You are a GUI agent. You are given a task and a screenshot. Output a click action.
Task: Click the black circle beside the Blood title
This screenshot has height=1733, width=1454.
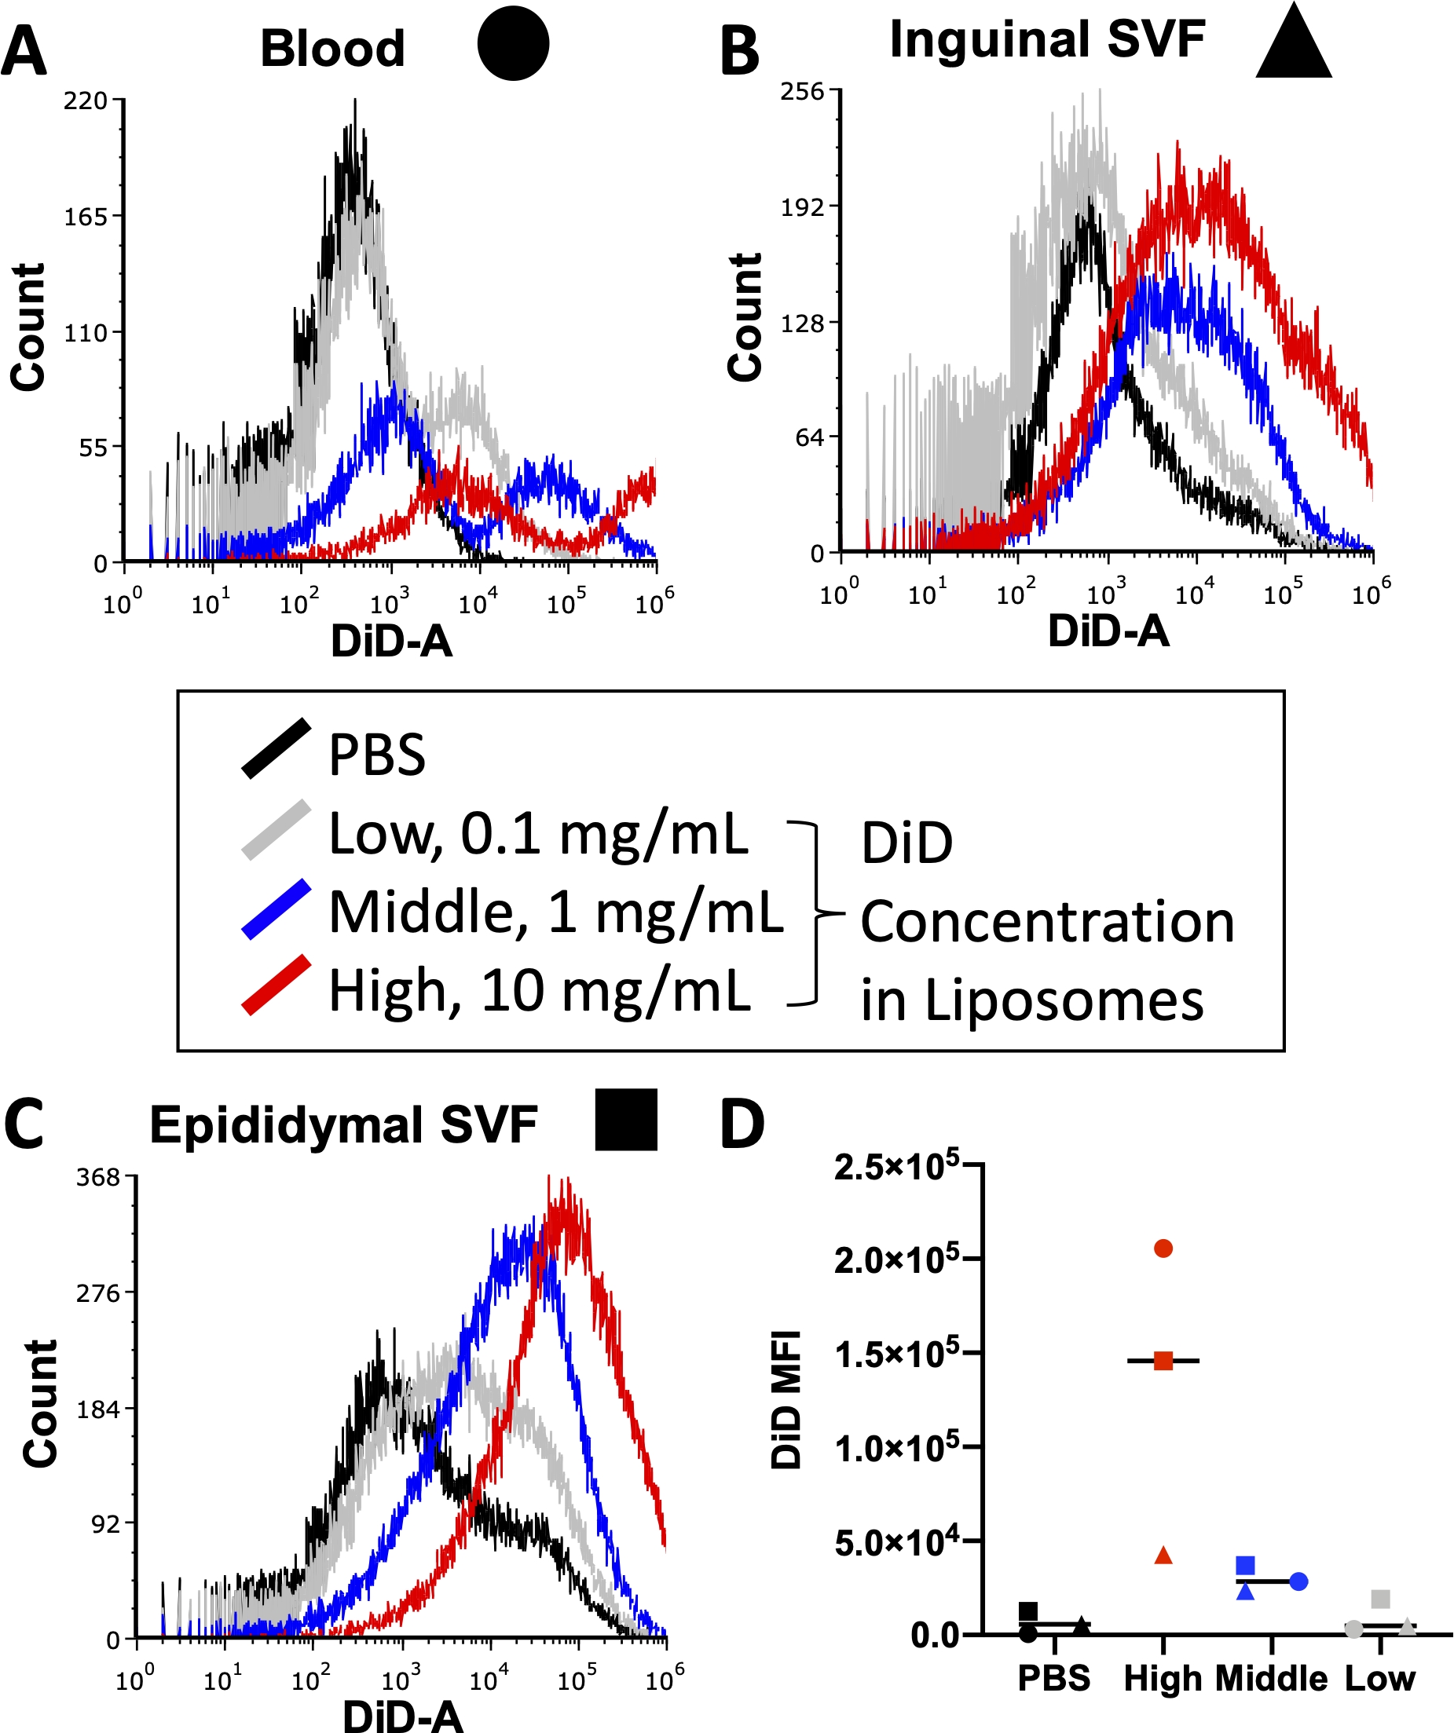pos(513,44)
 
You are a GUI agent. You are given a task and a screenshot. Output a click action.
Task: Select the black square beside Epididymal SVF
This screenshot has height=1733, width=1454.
pos(627,1120)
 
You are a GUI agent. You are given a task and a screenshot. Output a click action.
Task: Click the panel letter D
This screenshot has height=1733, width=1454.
pos(742,1124)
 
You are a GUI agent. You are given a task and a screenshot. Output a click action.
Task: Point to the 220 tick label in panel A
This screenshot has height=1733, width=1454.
pos(86,101)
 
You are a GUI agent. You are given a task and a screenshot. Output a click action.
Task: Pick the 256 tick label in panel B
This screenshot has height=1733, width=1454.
pos(803,92)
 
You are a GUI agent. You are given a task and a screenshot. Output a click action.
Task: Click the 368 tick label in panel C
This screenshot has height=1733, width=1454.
pos(98,1178)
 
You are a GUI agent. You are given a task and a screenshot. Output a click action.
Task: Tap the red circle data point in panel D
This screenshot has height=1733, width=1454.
pos(1163,1249)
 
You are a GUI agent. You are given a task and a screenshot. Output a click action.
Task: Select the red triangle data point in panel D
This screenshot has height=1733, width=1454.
pos(1163,1555)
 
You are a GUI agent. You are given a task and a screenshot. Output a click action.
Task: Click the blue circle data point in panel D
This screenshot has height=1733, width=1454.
pos(1298,1581)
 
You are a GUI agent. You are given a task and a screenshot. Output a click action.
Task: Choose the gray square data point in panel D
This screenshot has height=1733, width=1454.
pos(1380,1599)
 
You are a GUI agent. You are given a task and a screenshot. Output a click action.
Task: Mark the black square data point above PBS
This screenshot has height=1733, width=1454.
pos(1028,1611)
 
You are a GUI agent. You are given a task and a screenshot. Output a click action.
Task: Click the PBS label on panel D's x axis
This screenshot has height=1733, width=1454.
pos(1053,1679)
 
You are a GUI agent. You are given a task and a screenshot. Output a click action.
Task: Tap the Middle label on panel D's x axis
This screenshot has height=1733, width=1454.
pos(1272,1679)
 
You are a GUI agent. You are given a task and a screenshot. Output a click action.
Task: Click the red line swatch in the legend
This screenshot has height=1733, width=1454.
pos(277,985)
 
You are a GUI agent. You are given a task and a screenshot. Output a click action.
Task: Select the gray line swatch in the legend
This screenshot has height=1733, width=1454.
pos(277,830)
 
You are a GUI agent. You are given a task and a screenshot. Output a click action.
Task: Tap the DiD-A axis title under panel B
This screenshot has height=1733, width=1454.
pos(1108,632)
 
